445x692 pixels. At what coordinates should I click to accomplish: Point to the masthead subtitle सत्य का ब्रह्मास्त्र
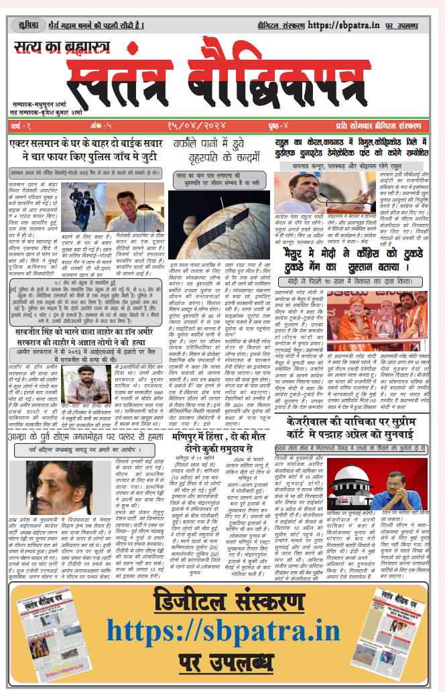point(64,48)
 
